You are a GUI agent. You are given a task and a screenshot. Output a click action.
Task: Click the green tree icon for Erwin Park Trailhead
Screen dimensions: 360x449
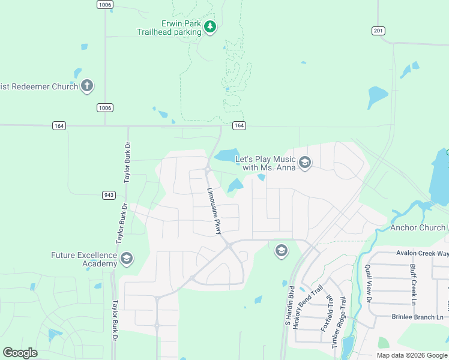209,27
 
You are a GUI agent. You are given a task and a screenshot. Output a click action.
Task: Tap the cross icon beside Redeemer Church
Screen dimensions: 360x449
87,86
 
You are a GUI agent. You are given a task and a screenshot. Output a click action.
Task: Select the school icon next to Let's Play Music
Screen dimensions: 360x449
304,163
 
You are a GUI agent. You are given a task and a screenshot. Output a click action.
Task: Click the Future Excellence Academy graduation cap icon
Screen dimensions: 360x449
126,259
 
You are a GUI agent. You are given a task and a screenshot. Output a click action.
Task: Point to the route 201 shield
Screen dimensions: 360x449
378,31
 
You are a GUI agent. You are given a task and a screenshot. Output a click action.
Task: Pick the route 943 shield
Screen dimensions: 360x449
109,195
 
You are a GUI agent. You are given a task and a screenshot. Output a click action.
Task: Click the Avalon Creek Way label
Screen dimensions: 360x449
422,253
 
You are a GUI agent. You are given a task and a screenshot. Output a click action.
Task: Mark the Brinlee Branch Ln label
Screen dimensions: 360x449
417,317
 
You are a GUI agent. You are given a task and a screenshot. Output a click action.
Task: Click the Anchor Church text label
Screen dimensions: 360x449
417,227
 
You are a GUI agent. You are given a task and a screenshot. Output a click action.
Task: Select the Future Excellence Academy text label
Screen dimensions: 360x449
83,259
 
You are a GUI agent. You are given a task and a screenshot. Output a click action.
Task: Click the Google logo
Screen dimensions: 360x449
20,353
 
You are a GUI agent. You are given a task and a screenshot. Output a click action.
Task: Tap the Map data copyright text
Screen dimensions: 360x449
412,355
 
